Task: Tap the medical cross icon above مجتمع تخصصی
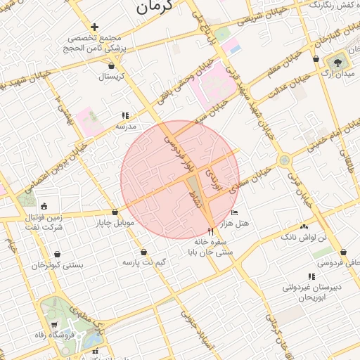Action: tap(95, 27)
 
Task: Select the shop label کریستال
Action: tap(111, 75)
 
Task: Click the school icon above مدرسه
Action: tap(125, 115)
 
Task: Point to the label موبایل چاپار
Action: tap(114, 224)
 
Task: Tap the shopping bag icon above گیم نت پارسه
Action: tap(144, 252)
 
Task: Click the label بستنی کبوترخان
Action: tap(58, 266)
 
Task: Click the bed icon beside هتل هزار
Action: tap(235, 212)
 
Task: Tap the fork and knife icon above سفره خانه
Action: tap(210, 231)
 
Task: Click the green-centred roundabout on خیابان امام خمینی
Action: tap(284, 160)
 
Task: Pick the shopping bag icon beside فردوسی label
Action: tap(343, 252)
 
